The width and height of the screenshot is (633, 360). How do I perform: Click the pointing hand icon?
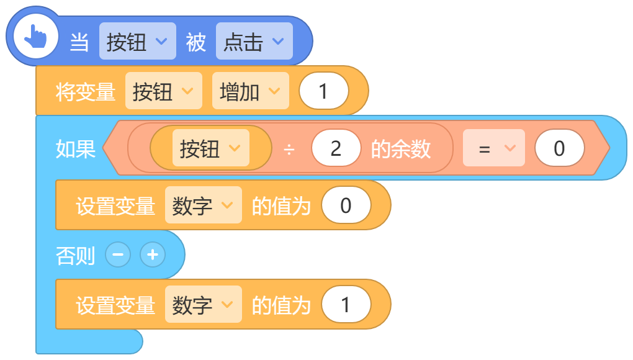[x=35, y=37]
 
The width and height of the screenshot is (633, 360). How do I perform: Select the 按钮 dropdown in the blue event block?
[x=138, y=41]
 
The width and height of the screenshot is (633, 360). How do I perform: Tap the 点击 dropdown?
[x=254, y=41]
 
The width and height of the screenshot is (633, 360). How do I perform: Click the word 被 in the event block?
[x=195, y=42]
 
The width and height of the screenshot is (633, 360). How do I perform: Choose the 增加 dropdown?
[x=251, y=91]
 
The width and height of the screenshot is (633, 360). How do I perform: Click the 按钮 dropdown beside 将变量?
[x=163, y=91]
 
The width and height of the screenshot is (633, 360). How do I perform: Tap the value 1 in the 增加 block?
[x=324, y=91]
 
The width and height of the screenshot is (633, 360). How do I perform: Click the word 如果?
[x=76, y=149]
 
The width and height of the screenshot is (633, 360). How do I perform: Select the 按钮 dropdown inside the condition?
[x=211, y=148]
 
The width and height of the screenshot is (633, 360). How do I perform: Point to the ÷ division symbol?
[x=289, y=150]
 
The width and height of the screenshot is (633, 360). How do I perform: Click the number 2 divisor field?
[x=336, y=148]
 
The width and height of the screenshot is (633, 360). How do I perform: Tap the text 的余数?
[x=401, y=149]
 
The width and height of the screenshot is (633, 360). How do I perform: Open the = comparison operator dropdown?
[x=494, y=148]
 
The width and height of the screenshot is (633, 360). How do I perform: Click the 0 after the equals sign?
[x=560, y=148]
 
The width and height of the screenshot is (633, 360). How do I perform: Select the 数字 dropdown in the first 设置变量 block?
[x=204, y=205]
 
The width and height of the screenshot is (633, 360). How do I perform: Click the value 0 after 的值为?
[x=346, y=205]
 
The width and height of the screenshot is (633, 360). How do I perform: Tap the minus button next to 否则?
[x=118, y=254]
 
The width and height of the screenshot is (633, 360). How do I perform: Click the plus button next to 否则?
[x=153, y=254]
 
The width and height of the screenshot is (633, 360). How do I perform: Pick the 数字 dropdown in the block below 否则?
[x=204, y=304]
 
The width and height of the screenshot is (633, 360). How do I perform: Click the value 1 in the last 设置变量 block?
[x=346, y=304]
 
